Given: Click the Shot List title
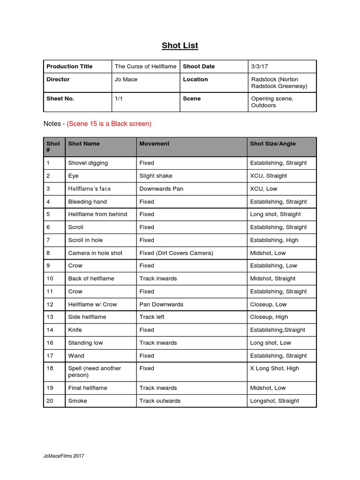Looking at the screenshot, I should (x=180, y=45).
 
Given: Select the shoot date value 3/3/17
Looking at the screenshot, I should (x=259, y=67).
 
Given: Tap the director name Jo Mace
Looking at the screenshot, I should (x=126, y=80).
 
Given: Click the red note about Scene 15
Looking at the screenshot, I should (x=109, y=124).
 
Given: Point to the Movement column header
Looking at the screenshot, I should (x=154, y=144).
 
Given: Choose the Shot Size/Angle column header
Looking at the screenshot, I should (x=273, y=144).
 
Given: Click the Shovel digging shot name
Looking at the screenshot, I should (x=88, y=163).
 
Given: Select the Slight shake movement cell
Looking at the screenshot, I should (x=156, y=176).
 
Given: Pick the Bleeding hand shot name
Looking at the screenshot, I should (x=87, y=202).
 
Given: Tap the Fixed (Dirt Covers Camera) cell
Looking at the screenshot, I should (x=176, y=253).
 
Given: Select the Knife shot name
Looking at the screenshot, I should (x=75, y=330).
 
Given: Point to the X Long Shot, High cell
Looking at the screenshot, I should (x=274, y=368).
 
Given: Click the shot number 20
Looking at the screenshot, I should (x=50, y=401).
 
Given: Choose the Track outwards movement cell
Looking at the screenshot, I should (x=160, y=401).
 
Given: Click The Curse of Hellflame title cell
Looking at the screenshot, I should (x=145, y=67).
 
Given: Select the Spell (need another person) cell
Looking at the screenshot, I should (x=94, y=372).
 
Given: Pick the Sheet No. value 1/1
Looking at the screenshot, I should (x=119, y=99).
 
